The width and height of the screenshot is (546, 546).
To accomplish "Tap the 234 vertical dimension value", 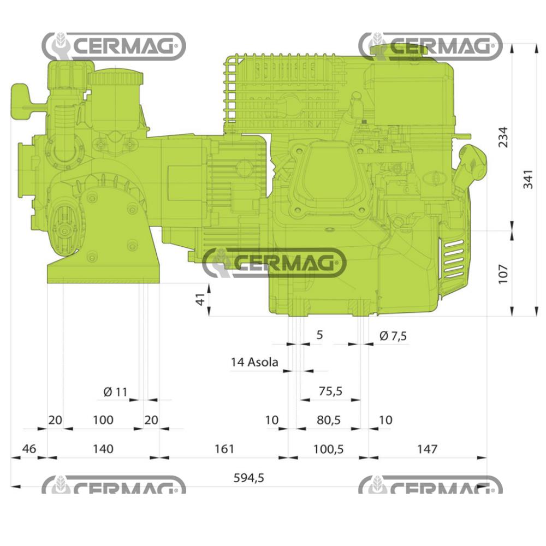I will pos(503,136).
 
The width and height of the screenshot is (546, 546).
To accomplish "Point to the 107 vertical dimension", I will pos(503,273).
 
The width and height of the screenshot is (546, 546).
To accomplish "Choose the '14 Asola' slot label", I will pos(254,362).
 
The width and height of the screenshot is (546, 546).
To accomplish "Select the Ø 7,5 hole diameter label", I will pos(393,336).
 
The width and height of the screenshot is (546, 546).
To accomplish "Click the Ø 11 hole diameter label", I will pos(115,391).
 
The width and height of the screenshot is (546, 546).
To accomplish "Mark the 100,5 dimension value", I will pos(329,449).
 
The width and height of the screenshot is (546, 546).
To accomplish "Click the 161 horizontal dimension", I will pos(224,449).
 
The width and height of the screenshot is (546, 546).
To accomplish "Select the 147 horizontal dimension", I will pos(427,449).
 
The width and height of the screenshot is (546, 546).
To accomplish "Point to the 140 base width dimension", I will pos(103,449).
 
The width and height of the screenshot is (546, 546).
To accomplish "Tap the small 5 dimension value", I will pos(320,335).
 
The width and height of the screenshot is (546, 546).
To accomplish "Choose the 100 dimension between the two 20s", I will pos(103,420).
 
